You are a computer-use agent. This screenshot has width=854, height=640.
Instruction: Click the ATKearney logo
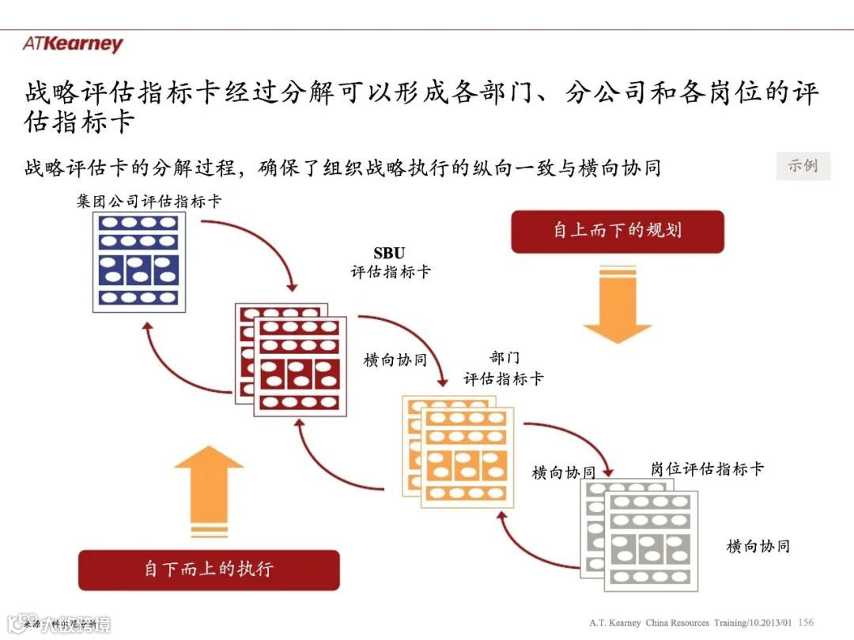pyautogui.click(x=73, y=44)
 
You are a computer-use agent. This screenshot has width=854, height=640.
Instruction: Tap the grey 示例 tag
pyautogui.click(x=803, y=166)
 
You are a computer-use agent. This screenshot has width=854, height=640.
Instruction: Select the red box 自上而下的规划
pyautogui.click(x=617, y=231)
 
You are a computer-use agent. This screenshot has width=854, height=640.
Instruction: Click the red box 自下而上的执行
pyautogui.click(x=209, y=569)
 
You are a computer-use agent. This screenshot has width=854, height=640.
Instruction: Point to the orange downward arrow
pyautogui.click(x=617, y=303)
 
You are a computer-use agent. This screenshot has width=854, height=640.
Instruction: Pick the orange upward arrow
pyautogui.click(x=209, y=491)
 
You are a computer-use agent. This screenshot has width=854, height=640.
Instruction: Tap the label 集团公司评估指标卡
pyautogui.click(x=149, y=201)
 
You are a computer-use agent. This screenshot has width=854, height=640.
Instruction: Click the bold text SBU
pyautogui.click(x=389, y=254)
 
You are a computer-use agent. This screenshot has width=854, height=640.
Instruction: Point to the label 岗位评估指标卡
pyautogui.click(x=707, y=469)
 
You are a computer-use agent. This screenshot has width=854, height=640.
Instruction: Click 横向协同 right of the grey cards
pyautogui.click(x=758, y=546)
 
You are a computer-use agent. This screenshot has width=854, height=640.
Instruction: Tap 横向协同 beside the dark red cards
pyautogui.click(x=395, y=360)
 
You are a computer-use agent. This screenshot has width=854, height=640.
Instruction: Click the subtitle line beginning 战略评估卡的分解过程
pyautogui.click(x=342, y=168)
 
